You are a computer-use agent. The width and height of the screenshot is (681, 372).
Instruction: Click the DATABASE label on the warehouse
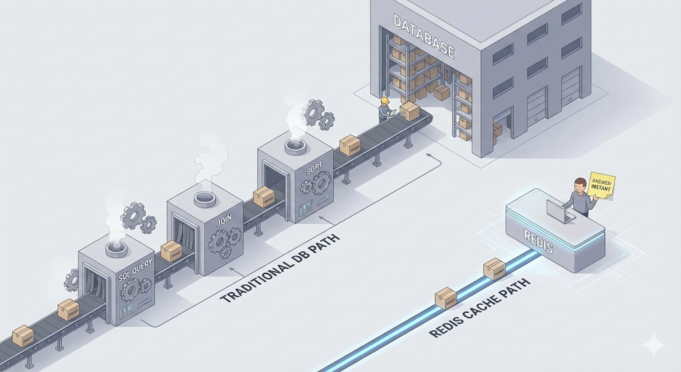[x=424, y=38]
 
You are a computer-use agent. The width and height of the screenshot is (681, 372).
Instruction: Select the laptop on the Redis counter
[x=560, y=212]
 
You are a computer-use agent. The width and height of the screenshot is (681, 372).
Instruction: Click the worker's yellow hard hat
[x=384, y=101]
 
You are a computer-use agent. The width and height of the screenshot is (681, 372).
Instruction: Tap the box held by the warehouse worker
[x=410, y=111]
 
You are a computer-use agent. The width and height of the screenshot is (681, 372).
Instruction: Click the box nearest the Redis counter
[x=494, y=268]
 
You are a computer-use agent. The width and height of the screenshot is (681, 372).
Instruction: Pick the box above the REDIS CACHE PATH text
[x=445, y=297]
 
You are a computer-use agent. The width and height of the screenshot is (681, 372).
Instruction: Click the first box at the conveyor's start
[x=23, y=335]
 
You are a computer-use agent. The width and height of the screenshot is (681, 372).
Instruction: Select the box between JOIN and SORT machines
[x=264, y=196]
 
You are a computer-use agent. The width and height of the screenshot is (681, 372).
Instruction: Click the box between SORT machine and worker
[x=350, y=146]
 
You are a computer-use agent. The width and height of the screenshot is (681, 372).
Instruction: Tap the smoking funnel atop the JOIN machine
[x=202, y=198]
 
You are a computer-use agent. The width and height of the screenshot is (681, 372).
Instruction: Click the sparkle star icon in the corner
[x=652, y=344]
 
